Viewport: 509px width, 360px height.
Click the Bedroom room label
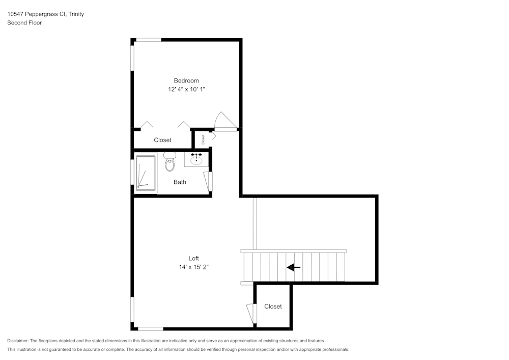186,80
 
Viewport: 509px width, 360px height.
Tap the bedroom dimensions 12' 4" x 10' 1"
186,89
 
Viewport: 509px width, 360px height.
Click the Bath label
180,182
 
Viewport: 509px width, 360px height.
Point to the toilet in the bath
169,162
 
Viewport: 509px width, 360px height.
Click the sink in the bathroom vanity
196,160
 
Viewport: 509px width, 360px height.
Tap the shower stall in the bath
146,173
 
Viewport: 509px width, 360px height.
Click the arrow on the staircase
293,267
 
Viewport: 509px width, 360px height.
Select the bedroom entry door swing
224,121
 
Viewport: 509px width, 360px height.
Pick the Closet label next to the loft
273,306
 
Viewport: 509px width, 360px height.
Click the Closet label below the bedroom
163,140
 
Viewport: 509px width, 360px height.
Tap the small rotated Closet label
203,139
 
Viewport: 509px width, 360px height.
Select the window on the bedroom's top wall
149,39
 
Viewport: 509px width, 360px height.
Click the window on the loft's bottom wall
151,329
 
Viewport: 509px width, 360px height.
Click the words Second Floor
24,23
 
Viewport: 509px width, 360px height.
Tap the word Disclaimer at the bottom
18,341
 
